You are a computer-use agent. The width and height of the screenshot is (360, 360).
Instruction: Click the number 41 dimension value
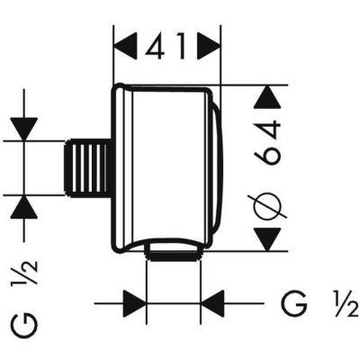click(x=167, y=42)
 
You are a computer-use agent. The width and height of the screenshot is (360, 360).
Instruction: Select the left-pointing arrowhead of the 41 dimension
click(x=126, y=42)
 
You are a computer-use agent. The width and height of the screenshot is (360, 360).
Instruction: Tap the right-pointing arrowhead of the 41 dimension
click(x=209, y=42)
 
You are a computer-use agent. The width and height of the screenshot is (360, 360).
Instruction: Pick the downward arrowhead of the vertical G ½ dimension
click(x=25, y=128)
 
